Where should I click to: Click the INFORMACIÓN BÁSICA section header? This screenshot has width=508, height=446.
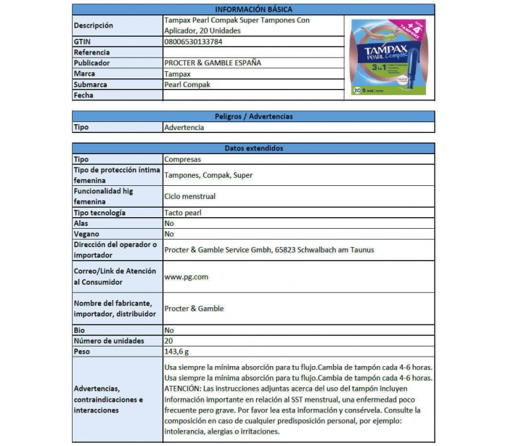(253, 9)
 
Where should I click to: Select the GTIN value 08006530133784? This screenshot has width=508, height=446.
(194, 42)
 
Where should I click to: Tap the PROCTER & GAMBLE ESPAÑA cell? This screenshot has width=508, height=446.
(213, 63)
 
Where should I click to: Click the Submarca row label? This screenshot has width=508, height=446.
(91, 84)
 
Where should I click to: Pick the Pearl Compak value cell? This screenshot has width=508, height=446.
(187, 84)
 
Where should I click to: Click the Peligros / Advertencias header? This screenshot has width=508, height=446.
(253, 116)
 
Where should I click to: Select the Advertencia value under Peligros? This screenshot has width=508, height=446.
(184, 127)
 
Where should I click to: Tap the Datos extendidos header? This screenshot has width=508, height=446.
(253, 148)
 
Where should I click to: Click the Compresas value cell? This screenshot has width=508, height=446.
(183, 159)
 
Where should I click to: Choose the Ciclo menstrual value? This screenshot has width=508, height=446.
(190, 196)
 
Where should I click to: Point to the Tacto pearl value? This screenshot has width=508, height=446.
(183, 213)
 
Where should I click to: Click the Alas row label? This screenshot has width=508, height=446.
(81, 224)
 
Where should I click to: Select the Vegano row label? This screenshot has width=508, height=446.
(86, 235)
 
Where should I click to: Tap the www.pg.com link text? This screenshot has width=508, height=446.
(187, 277)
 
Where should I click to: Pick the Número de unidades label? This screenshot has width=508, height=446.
(109, 341)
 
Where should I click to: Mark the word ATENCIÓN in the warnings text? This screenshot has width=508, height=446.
(186, 388)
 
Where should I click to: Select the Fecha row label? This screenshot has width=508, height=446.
(84, 95)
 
